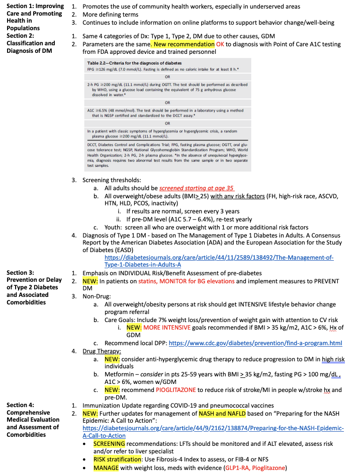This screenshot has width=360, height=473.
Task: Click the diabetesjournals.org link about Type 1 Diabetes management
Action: (219, 261)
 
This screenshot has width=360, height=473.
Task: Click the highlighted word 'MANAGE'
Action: (106, 467)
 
